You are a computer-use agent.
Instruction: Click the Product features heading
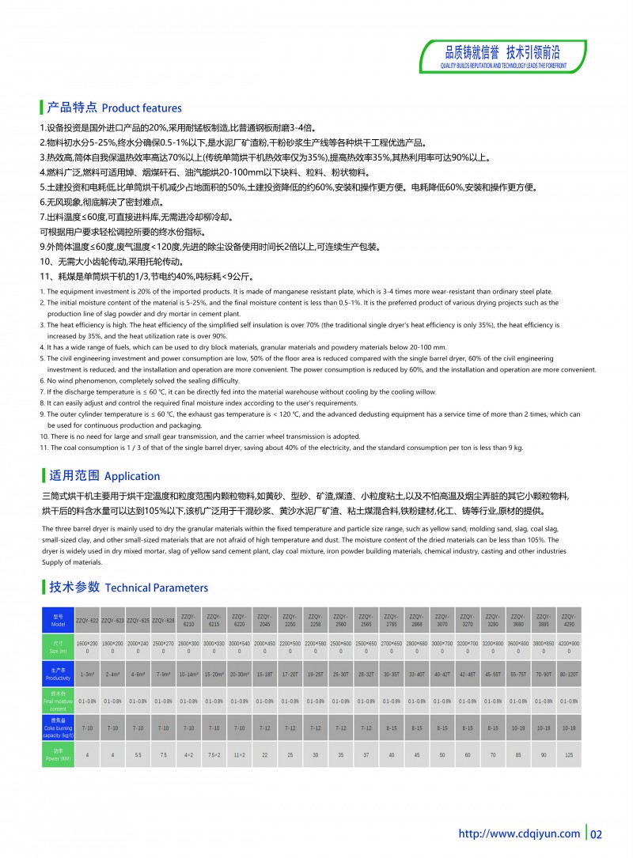pos(114,108)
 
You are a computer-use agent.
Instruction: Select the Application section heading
pos(104,476)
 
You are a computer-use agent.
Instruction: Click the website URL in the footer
pos(520,833)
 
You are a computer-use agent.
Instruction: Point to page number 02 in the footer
pos(597,833)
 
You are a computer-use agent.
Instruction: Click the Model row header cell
pos(58,620)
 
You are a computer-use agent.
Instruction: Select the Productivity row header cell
pos(58,675)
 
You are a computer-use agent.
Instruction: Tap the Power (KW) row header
pos(58,754)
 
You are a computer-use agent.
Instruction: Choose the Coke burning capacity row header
pos(58,727)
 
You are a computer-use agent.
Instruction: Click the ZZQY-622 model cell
pos(87,620)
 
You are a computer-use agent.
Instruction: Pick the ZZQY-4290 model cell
pos(569,620)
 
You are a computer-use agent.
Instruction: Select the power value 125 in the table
pos(569,754)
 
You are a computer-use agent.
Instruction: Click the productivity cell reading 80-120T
pos(569,675)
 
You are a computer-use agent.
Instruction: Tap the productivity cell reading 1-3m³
pos(87,675)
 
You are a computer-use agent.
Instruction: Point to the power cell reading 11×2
pos(240,754)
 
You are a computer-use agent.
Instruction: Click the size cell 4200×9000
pos(569,647)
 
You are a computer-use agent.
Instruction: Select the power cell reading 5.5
pos(138,754)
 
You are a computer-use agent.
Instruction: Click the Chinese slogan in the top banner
pos(502,53)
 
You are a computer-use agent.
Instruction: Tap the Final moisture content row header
pos(58,701)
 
